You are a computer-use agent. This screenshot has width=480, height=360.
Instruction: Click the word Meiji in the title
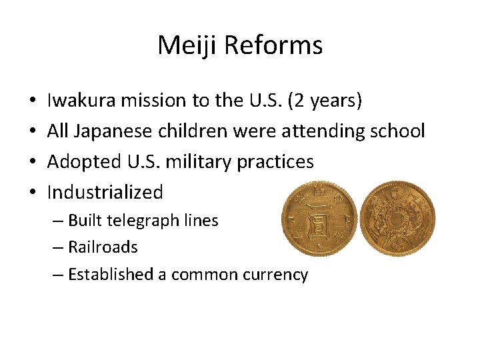click(187, 45)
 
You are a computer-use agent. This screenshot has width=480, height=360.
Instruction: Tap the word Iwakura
click(79, 101)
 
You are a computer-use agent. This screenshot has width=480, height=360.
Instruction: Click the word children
click(197, 131)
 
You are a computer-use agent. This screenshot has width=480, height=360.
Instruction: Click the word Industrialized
click(105, 193)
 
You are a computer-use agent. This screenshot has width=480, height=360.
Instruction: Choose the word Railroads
click(103, 247)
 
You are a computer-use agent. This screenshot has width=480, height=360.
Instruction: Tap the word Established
click(111, 274)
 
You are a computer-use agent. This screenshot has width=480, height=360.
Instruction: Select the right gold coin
click(398, 219)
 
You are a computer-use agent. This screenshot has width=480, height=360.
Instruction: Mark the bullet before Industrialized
click(33, 193)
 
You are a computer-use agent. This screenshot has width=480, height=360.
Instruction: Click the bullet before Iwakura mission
click(33, 101)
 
